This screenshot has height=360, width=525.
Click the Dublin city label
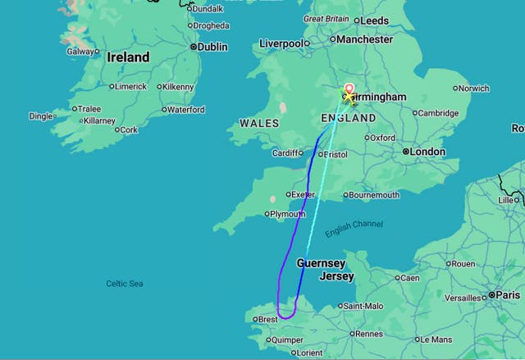pos(212,48)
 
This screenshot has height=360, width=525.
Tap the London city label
pos(428,152)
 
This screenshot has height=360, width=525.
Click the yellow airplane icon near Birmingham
pos(349,98)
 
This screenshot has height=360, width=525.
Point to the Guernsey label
pos(321,263)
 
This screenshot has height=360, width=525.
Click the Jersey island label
pos(336,276)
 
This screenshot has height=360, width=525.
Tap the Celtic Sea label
pos(125,284)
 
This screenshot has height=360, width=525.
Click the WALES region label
pos(258,123)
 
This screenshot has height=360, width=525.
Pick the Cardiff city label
pos(287,153)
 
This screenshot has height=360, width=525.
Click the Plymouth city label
pos(287,214)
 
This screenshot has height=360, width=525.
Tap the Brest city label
pos(267,320)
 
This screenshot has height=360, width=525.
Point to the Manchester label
pos(365,39)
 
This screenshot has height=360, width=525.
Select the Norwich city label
pos(473,88)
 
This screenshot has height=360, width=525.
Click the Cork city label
pos(130,130)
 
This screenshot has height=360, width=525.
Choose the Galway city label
pos(80,51)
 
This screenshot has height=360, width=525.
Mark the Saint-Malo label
pos(363,307)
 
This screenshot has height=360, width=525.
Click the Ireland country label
pos(128,57)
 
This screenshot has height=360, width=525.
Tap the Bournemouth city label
pos(373,195)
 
